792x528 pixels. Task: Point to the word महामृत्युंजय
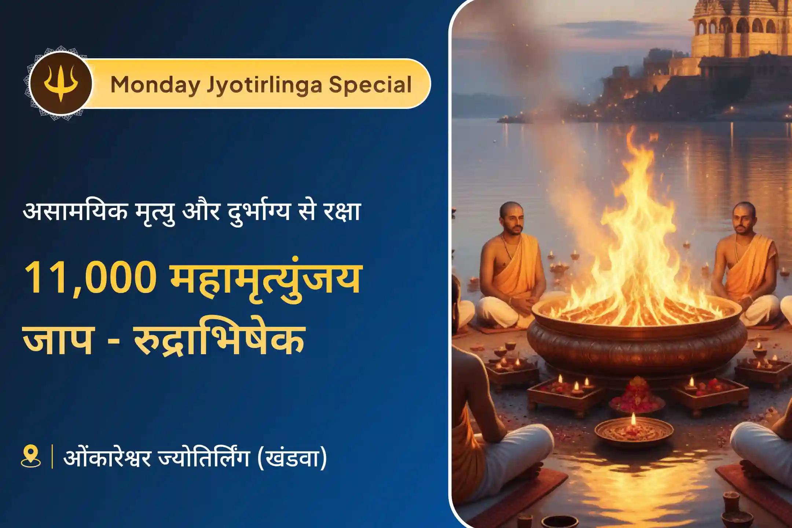(x=265, y=279)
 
